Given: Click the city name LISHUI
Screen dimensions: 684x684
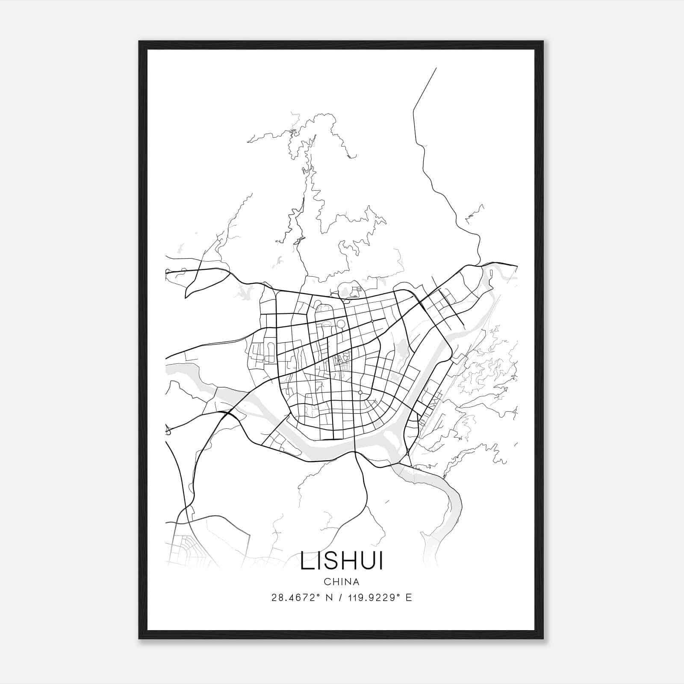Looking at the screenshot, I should pos(342,561).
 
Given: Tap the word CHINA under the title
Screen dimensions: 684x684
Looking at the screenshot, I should pos(342,582).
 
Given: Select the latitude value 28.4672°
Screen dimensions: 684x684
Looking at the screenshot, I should pos(295,598).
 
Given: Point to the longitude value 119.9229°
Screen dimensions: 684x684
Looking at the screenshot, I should pos(376,598).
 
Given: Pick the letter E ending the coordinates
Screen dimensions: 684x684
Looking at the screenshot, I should pos(409,598).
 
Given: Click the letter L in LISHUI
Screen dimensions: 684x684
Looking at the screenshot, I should pos(306,561).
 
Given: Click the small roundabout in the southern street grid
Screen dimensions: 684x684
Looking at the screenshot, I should pos(360,392).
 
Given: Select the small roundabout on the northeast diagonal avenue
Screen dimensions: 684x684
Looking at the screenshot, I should pos(372,321).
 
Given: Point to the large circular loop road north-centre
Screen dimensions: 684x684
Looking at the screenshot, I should pos(341,324).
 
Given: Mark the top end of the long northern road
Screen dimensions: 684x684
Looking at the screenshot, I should pos(436,68).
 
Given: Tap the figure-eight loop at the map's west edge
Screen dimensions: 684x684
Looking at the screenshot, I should pos(168,430).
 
